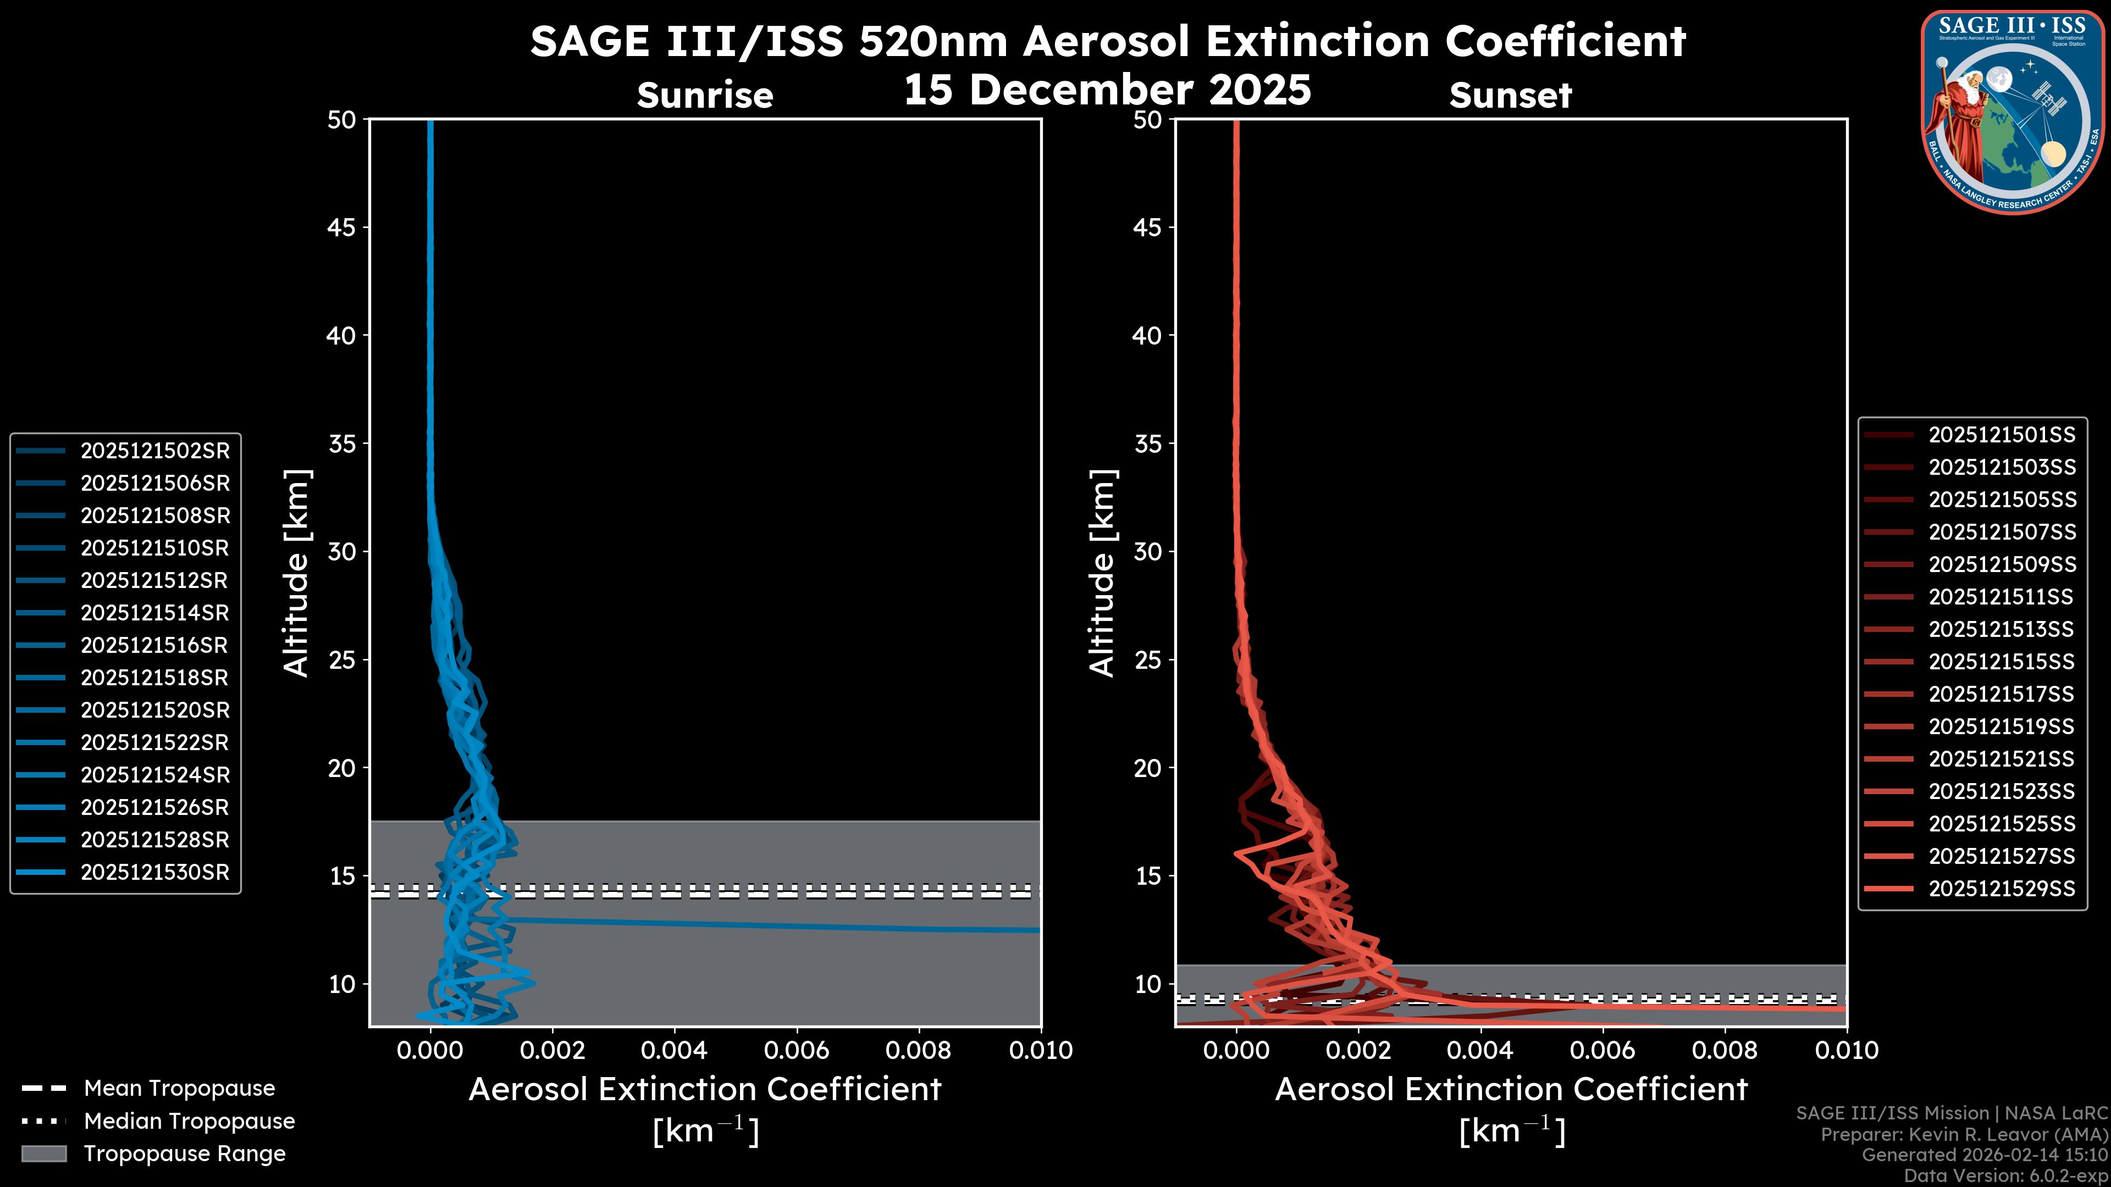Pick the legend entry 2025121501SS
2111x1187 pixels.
[2001, 435]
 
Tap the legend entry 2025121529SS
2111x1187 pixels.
[2001, 889]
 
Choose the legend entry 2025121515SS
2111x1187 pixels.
[2001, 662]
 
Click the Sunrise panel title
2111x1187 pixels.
[705, 96]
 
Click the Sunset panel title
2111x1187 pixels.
[1510, 96]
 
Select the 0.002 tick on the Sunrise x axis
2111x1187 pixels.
[553, 1050]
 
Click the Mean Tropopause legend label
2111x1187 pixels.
[179, 1089]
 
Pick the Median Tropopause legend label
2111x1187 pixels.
[189, 1122]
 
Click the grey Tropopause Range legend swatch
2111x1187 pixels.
[44, 1154]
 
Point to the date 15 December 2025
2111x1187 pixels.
[1107, 90]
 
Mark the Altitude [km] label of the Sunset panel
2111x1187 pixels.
[1102, 573]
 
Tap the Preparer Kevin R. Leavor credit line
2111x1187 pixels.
[1964, 1135]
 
